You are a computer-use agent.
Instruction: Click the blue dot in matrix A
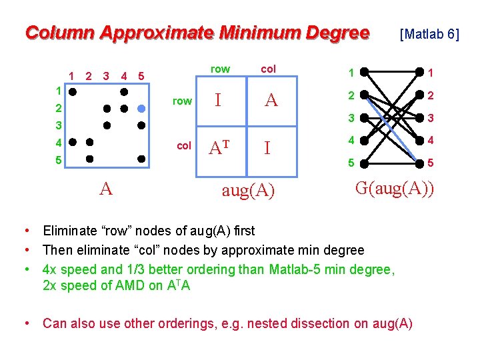pyautogui.click(x=141, y=108)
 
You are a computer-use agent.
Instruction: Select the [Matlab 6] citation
pyautogui.click(x=429, y=33)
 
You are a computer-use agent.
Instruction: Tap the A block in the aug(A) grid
pyautogui.click(x=271, y=101)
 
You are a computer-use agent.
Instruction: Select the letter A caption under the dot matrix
pyautogui.click(x=106, y=189)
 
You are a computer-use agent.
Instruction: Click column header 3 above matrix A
pyautogui.click(x=106, y=75)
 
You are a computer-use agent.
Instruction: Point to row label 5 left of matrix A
pyautogui.click(x=59, y=160)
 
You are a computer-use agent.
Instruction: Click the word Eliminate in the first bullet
pyautogui.click(x=73, y=231)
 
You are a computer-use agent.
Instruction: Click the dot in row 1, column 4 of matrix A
pyautogui.click(x=123, y=89)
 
